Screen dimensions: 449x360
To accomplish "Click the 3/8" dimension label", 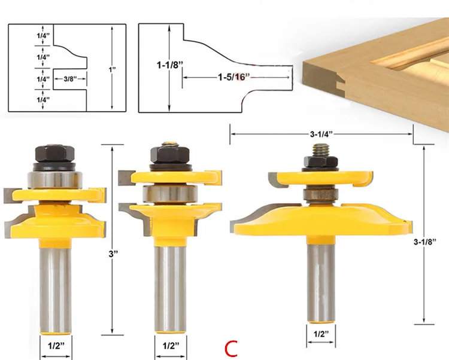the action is tap(70, 79).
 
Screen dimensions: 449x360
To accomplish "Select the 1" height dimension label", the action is tap(112, 69).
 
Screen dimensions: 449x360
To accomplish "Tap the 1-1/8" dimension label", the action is tap(170, 65).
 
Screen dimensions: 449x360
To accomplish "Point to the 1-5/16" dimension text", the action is tap(233, 77).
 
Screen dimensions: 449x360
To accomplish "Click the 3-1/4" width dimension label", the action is tap(321, 134).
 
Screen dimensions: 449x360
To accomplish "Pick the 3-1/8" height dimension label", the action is tap(424, 242).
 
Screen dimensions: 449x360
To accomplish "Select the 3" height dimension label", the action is tap(113, 254).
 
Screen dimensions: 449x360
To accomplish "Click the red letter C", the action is tap(231, 349).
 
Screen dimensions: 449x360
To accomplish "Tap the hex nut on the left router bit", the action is tap(55, 154).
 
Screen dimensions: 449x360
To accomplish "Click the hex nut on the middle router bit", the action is tap(170, 155).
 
